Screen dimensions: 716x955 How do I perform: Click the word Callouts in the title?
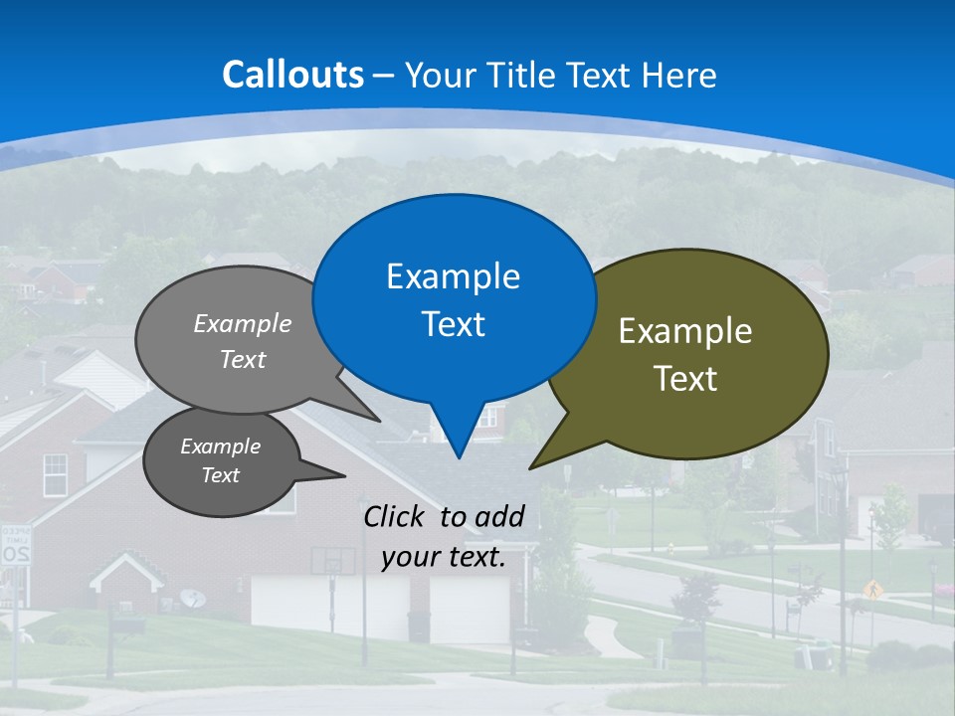[x=292, y=75]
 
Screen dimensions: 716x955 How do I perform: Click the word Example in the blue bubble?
[x=453, y=276]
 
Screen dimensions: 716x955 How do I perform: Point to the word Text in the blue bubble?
[x=453, y=324]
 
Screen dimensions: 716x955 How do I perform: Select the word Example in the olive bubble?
[x=685, y=331]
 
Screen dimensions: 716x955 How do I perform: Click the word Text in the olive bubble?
[x=685, y=379]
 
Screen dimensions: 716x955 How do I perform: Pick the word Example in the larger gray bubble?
[x=243, y=323]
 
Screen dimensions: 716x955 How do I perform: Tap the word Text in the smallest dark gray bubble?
[x=220, y=475]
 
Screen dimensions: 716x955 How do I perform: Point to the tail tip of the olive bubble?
[x=531, y=467]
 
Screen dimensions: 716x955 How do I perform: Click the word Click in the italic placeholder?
[x=395, y=516]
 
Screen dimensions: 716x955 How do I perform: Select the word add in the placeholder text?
[x=498, y=516]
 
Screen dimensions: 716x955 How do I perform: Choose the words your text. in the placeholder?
[x=443, y=557]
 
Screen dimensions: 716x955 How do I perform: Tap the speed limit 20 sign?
[x=16, y=546]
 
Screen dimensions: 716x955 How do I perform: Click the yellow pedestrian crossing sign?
[x=872, y=588]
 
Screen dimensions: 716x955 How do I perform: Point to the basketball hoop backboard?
[x=332, y=561]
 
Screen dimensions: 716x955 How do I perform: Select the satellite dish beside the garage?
[x=193, y=598]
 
